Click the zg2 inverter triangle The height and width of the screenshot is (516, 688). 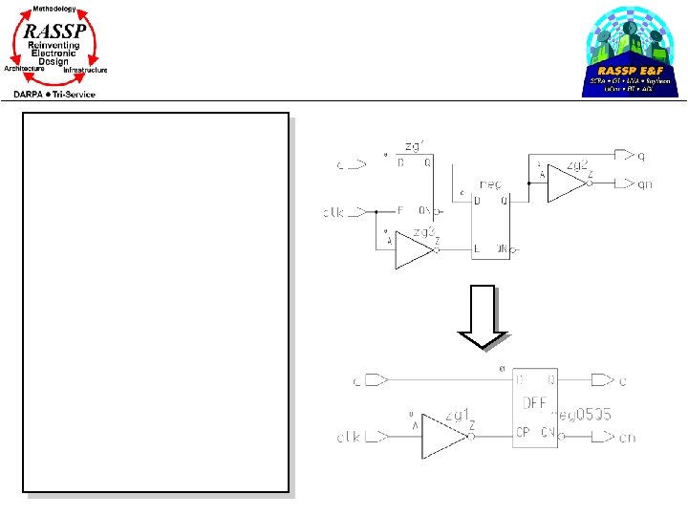click(565, 183)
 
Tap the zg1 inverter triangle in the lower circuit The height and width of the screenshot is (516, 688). click(443, 436)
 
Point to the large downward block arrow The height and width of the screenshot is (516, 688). click(484, 316)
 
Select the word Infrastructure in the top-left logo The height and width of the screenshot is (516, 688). click(85, 71)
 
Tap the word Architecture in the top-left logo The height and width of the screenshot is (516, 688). click(25, 69)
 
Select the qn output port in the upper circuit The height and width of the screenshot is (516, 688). click(627, 183)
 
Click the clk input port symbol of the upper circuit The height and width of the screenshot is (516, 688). click(355, 211)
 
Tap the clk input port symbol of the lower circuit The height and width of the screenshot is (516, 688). click(375, 437)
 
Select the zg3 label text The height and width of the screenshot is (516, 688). click(422, 231)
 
